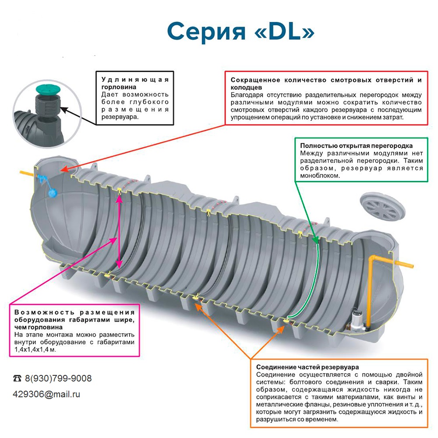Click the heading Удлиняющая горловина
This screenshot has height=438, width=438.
[x=135, y=83]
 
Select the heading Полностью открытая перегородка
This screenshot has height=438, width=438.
[x=356, y=145]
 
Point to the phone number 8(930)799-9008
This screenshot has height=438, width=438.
[x=58, y=378]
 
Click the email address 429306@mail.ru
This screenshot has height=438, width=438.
[x=46, y=394]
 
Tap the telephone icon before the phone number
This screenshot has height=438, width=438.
[x=18, y=378]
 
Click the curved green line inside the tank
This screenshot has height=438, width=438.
[x=313, y=280]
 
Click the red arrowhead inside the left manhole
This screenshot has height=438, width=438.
[x=63, y=169]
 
